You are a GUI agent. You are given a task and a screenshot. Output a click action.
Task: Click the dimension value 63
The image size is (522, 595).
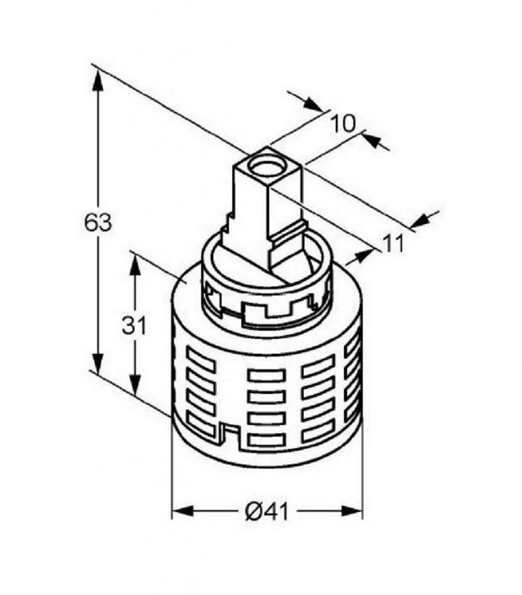pos(98,223)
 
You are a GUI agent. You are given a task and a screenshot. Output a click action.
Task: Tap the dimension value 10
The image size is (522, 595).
pos(343,123)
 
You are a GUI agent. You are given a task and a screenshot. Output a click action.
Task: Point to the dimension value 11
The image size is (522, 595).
pos(393,243)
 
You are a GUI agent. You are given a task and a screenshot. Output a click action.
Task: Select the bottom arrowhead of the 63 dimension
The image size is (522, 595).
pos(98,363)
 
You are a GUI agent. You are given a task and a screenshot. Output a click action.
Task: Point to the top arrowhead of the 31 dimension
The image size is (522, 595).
pos(135,265)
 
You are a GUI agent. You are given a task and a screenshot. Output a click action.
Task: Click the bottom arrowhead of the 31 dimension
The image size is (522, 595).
pos(135,384)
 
